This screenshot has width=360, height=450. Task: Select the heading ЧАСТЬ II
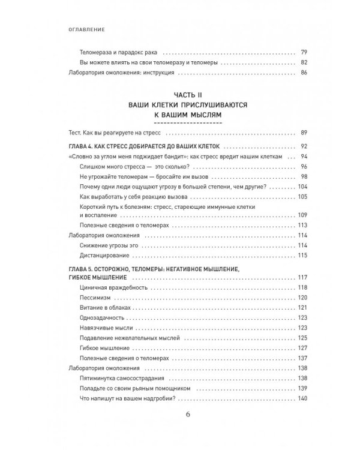point(180,95)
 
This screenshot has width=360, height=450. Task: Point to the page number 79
point(303,52)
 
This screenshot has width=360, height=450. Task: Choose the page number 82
point(303,62)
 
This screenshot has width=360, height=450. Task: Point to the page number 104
point(302,187)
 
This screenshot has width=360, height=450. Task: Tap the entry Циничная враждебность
point(109,289)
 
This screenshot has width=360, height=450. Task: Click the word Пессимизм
point(95,298)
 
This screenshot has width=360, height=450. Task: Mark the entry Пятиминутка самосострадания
point(121,378)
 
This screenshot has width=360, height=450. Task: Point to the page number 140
point(302,399)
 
